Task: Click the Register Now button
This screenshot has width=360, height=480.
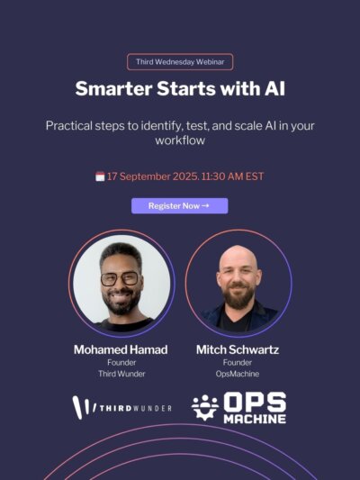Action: pyautogui.click(x=179, y=205)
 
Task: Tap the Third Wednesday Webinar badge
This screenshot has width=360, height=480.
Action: pyautogui.click(x=180, y=62)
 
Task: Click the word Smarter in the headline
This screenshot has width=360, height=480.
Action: pyautogui.click(x=113, y=88)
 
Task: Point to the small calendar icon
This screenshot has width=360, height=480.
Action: pyautogui.click(x=100, y=177)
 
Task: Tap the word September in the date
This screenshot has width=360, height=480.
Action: pyautogui.click(x=144, y=177)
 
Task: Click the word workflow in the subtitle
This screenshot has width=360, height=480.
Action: pyautogui.click(x=180, y=140)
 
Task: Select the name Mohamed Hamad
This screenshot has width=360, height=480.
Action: pyautogui.click(x=121, y=349)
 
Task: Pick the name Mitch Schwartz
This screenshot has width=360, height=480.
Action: pyautogui.click(x=238, y=349)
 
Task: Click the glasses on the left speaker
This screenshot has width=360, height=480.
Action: pyautogui.click(x=120, y=279)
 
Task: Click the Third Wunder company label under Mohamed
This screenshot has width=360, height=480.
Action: pyautogui.click(x=121, y=374)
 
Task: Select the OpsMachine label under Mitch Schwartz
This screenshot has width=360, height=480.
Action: pyautogui.click(x=238, y=374)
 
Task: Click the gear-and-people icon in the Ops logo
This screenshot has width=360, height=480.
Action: pyautogui.click(x=205, y=407)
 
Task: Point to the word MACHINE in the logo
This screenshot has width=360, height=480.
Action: pyautogui.click(x=255, y=419)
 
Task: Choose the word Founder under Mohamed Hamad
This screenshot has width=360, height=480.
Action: pyautogui.click(x=121, y=362)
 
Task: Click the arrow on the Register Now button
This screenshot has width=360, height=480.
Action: pyautogui.click(x=205, y=205)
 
